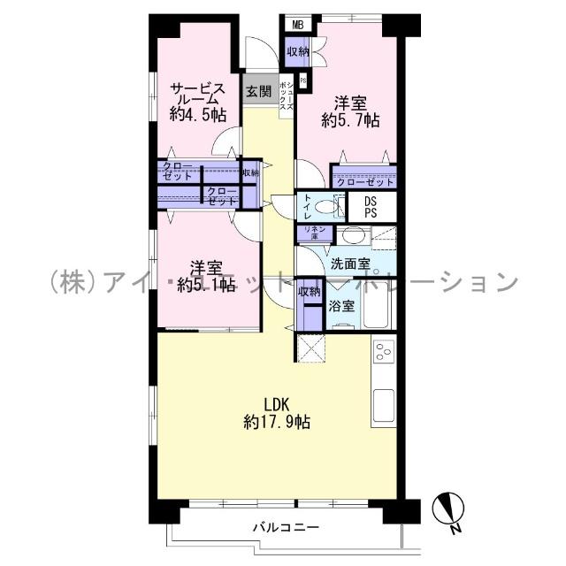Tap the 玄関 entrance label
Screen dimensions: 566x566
click(x=258, y=90)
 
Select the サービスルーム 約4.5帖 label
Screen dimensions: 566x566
click(x=197, y=102)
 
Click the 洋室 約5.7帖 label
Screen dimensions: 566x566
click(x=351, y=110)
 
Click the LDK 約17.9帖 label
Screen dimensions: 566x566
click(x=276, y=412)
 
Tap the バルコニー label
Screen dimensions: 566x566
click(x=286, y=528)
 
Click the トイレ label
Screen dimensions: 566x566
click(x=306, y=206)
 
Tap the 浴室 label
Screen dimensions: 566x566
click(x=341, y=307)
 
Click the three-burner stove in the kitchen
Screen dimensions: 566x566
click(x=383, y=353)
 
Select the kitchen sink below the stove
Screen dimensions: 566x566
click(x=384, y=405)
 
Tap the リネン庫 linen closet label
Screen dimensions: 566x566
click(x=316, y=233)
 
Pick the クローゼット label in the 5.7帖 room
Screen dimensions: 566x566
click(x=363, y=182)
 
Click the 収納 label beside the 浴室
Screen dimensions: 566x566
click(x=309, y=293)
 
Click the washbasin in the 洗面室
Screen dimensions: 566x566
click(x=352, y=236)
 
